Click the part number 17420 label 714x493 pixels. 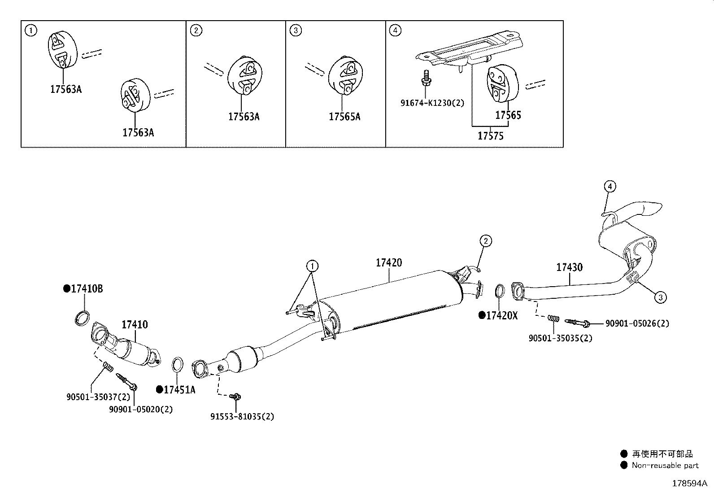click(x=389, y=263)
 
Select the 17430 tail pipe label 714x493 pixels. click(x=569, y=267)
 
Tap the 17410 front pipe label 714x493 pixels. click(x=135, y=325)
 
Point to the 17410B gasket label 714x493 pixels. click(x=87, y=289)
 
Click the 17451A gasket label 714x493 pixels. click(x=179, y=390)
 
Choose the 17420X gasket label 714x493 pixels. click(x=502, y=316)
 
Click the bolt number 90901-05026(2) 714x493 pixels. click(x=637, y=323)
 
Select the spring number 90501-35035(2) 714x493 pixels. click(x=560, y=338)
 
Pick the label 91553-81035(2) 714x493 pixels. click(x=242, y=416)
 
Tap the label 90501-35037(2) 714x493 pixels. click(x=99, y=397)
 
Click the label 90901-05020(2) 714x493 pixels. click(x=141, y=409)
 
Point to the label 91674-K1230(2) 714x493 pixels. click(x=432, y=103)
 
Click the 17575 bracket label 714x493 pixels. click(x=491, y=136)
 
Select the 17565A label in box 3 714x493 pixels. click(x=344, y=117)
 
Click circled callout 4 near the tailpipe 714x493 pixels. click(x=610, y=187)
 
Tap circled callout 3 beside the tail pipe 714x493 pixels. click(x=661, y=297)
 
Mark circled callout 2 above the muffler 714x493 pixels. click(x=485, y=241)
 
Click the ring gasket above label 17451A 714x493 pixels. click(x=178, y=365)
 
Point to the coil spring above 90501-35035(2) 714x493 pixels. click(x=553, y=318)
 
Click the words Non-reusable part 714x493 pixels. click(x=665, y=466)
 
